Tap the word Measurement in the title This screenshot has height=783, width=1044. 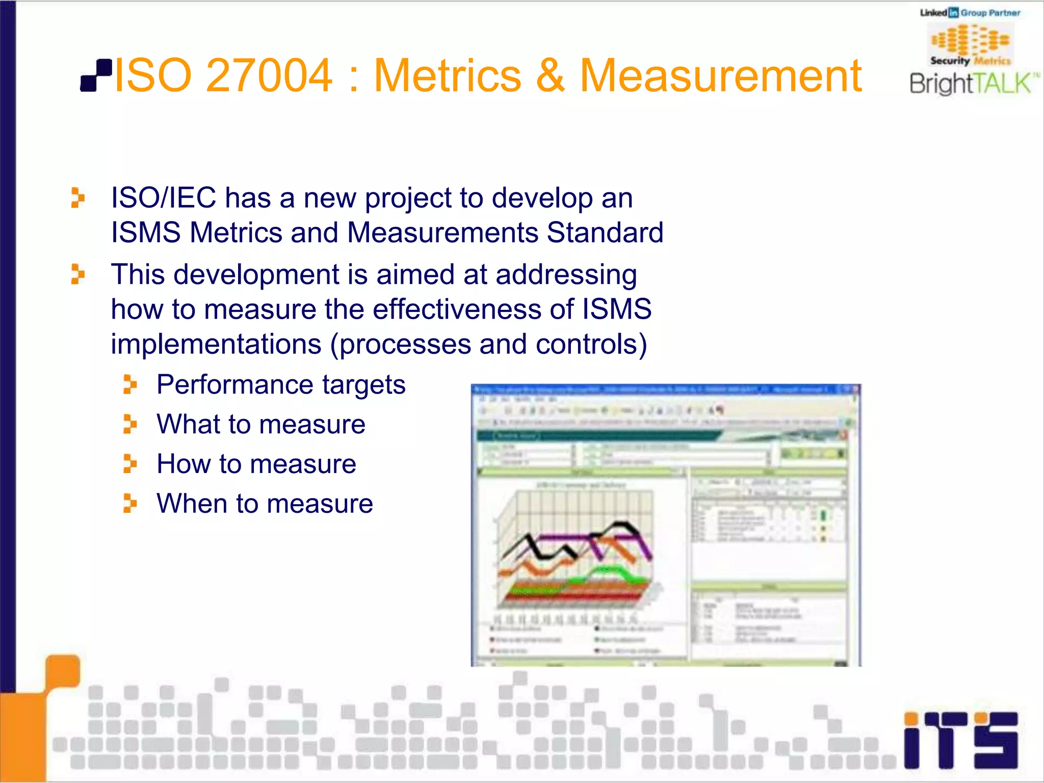coord(720,75)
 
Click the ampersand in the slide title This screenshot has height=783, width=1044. coord(550,75)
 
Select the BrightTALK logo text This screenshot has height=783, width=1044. coord(971,84)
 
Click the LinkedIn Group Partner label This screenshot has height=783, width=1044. coord(970,13)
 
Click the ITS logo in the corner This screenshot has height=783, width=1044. coord(960,740)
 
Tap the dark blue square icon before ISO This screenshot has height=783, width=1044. coord(96,76)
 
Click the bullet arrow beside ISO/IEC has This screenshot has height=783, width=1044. coord(77,198)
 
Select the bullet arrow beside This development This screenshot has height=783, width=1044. coord(77,274)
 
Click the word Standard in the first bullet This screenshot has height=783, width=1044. coord(605,233)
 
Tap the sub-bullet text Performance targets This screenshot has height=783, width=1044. coord(281,384)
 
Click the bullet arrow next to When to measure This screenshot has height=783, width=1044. coord(130,504)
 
